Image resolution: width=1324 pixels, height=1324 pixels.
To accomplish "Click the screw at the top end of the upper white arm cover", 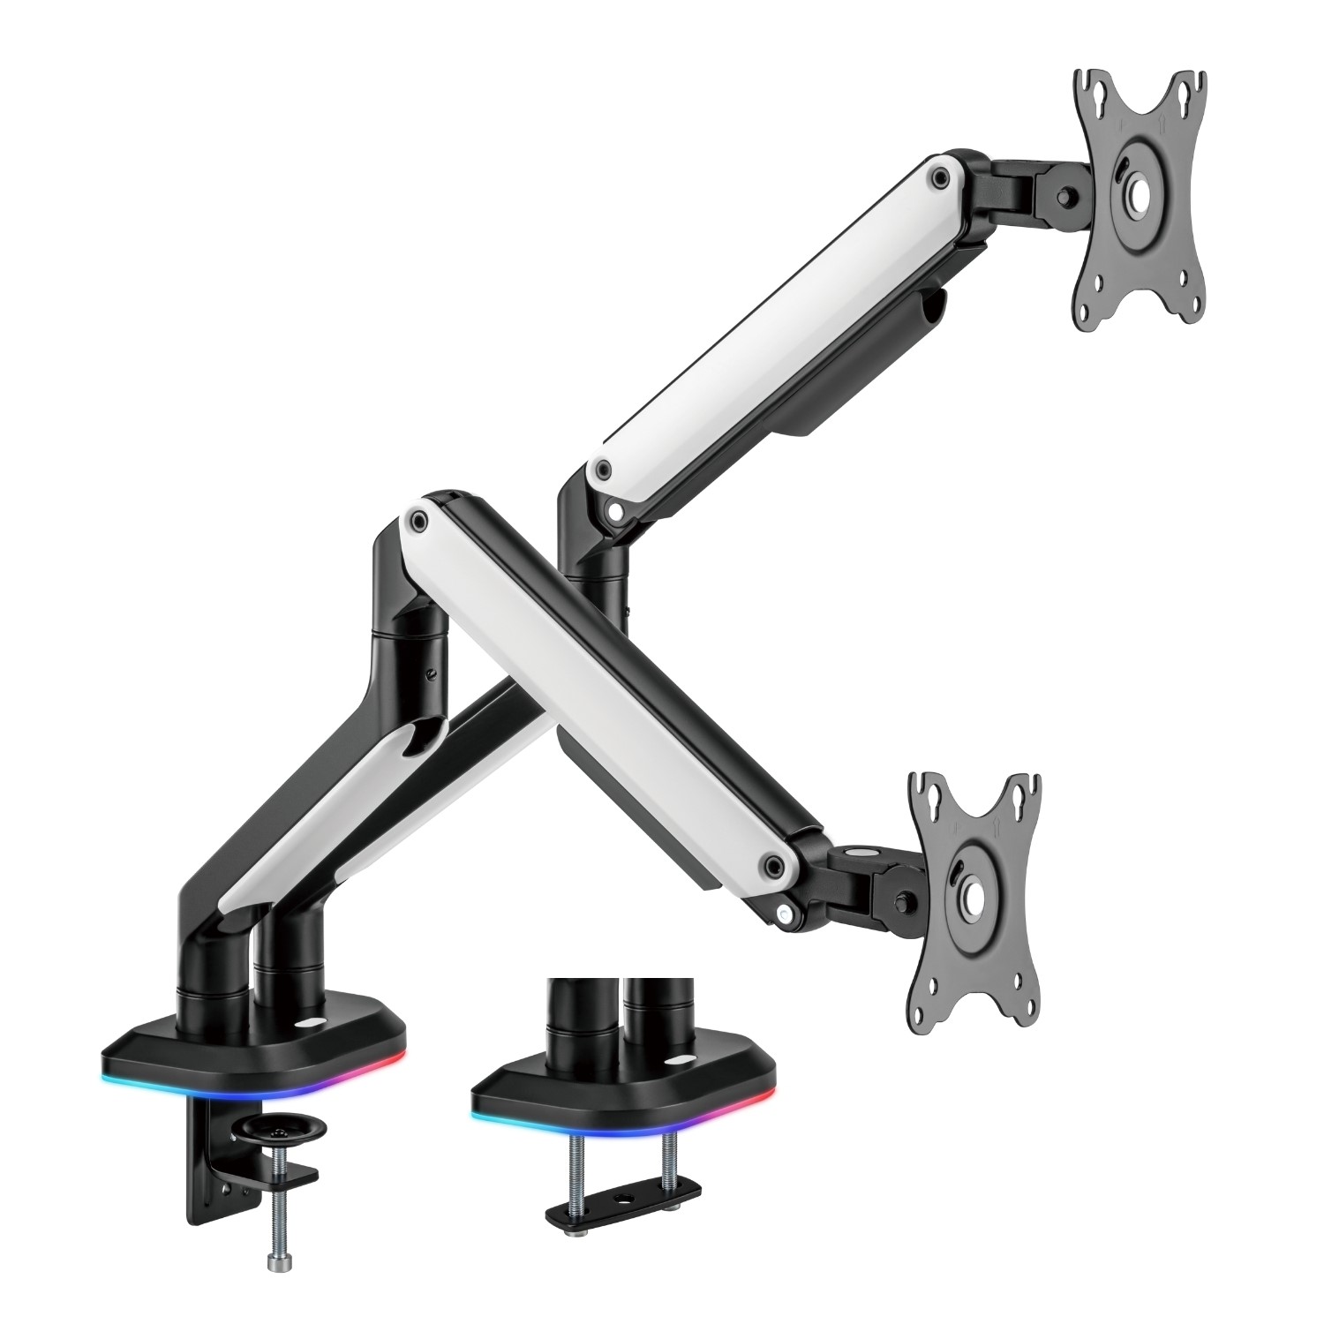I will coord(938,176).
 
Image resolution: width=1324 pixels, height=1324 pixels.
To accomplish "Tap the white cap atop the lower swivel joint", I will coord(855,853).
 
